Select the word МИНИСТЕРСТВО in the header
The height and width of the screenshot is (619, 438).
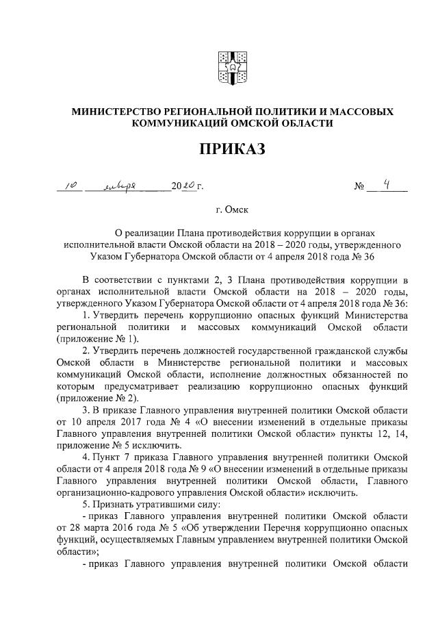tap(118, 111)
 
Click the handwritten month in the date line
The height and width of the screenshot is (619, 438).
tap(123, 186)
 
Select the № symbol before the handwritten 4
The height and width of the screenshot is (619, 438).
tap(360, 186)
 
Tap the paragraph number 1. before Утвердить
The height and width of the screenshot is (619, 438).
tap(87, 314)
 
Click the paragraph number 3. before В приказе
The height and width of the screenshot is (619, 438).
tap(87, 410)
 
